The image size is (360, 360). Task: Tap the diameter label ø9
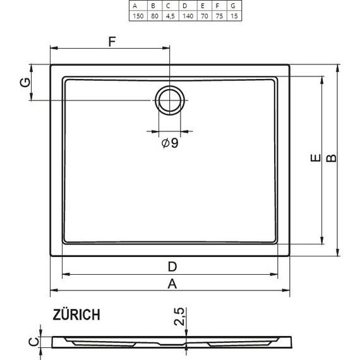click(169, 143)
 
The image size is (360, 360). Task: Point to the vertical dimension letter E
click(315, 160)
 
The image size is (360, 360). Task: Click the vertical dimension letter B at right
click(330, 160)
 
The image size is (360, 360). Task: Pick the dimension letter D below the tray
click(171, 266)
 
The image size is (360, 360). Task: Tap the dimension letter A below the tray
click(171, 284)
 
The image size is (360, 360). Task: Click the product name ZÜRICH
click(77, 314)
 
